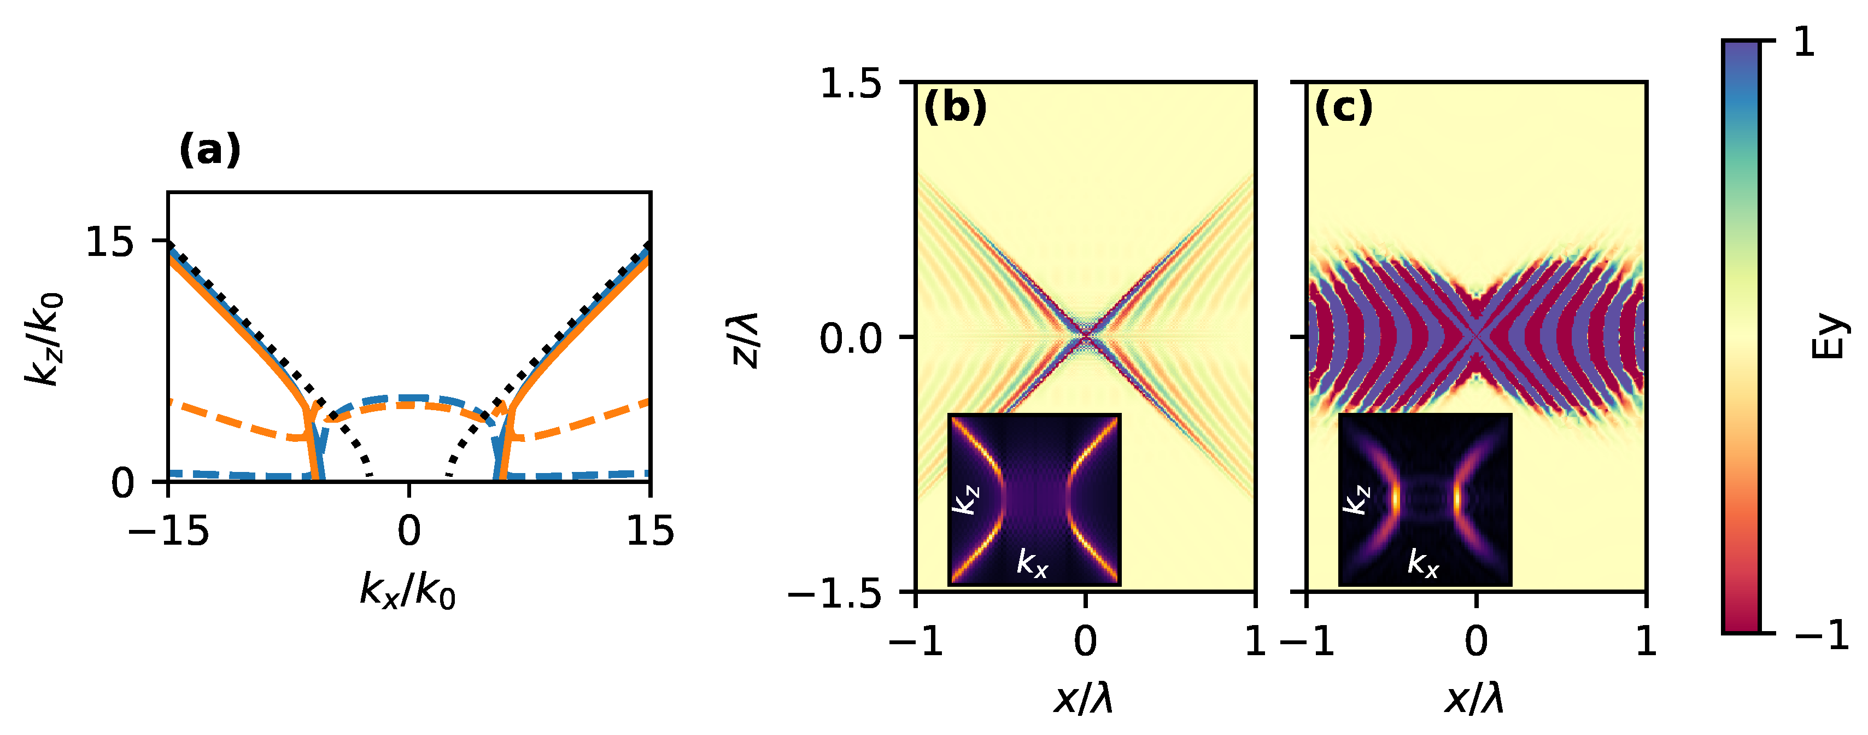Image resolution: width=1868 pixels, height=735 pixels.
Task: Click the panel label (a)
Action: click(209, 151)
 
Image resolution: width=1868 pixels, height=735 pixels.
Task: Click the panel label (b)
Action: click(955, 109)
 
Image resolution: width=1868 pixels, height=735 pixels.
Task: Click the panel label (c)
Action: click(1344, 109)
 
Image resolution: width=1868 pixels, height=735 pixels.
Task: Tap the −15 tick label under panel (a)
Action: click(168, 531)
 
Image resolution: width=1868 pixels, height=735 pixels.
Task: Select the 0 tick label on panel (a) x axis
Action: click(409, 531)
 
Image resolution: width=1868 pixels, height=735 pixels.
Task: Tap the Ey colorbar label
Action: click(1826, 337)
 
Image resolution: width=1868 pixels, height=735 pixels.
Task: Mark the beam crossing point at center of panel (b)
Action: click(1086, 335)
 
